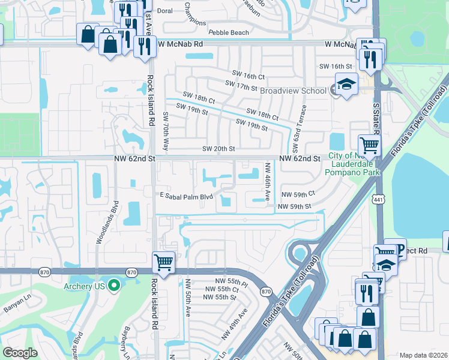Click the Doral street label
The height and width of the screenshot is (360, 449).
coord(164,11)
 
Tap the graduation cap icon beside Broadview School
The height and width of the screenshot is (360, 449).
coord(346,85)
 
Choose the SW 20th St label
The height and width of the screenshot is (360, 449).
coord(218,149)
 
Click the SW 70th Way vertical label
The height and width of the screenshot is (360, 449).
coord(166,125)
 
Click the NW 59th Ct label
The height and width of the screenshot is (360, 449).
coord(298,195)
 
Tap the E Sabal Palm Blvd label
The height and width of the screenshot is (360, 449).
coord(186,196)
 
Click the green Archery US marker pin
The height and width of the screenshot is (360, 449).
coord(115,286)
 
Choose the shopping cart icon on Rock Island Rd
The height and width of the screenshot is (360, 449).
coord(163,262)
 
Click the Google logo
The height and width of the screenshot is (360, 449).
coord(20,353)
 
